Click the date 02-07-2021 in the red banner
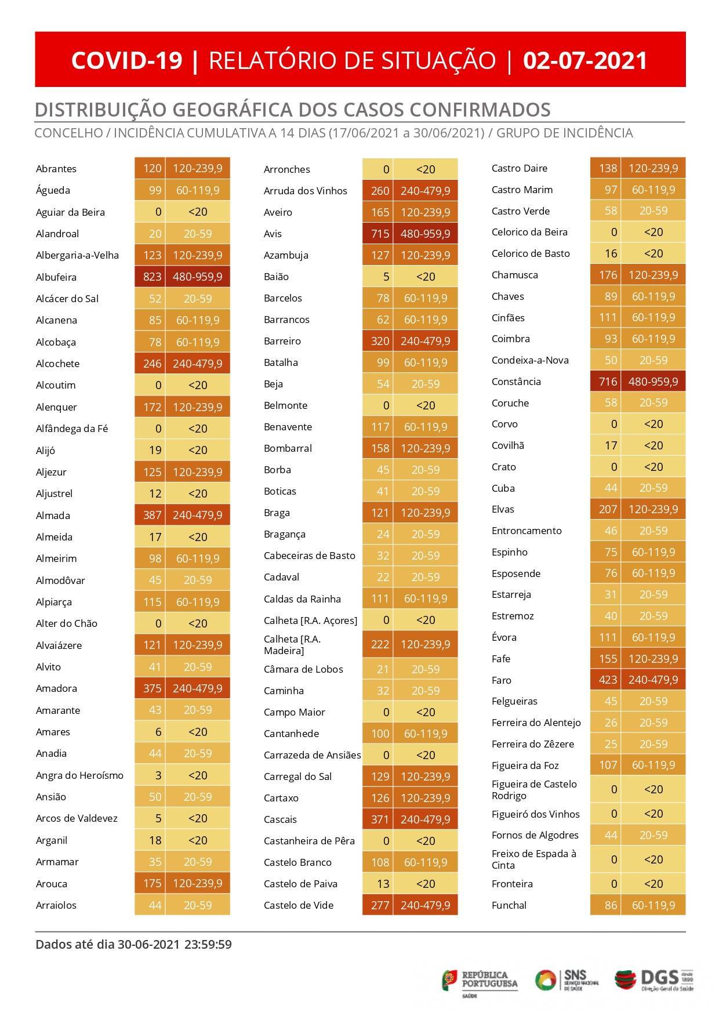click(585, 60)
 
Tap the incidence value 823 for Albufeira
click(152, 277)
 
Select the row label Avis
click(273, 234)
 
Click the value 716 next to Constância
click(608, 382)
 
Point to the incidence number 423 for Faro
click(608, 680)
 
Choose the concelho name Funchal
click(509, 905)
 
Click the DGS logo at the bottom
click(653, 979)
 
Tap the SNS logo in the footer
click(566, 979)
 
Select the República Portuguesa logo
click(480, 980)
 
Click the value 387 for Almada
click(152, 515)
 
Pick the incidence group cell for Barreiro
click(425, 341)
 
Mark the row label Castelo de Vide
click(299, 905)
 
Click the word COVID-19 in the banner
click(127, 60)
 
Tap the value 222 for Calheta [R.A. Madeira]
click(380, 644)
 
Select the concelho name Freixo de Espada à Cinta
click(533, 859)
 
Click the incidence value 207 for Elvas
click(608, 509)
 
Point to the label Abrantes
click(56, 169)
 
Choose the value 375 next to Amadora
click(152, 688)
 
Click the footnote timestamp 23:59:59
click(208, 945)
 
